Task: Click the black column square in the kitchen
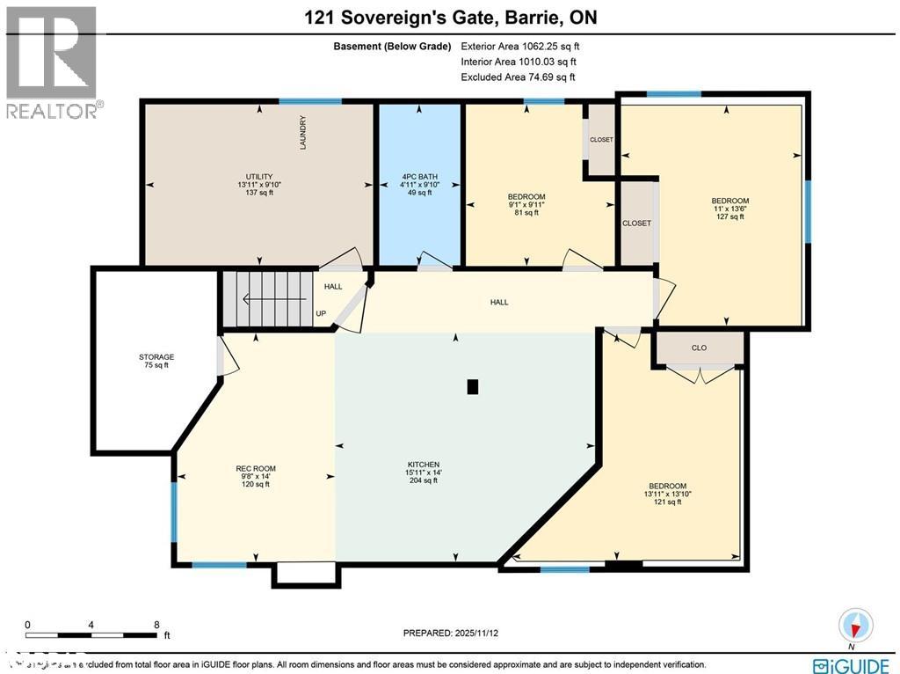pos(473,386)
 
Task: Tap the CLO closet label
pos(699,348)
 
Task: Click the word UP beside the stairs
pos(322,313)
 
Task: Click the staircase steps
pos(268,299)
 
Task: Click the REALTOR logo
pos(52,62)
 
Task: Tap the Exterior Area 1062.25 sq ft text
pos(518,46)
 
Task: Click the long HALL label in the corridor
pos(499,302)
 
